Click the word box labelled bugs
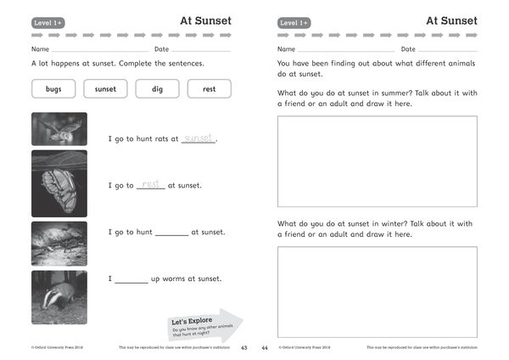53,89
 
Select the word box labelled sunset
105,89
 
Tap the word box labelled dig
158,89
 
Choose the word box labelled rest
209,89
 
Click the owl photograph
59,128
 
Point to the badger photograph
59,297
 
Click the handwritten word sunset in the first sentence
199,138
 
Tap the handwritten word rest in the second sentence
151,184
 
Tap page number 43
244,348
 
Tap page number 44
265,348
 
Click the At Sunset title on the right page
451,20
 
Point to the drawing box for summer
378,161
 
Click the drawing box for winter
378,291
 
